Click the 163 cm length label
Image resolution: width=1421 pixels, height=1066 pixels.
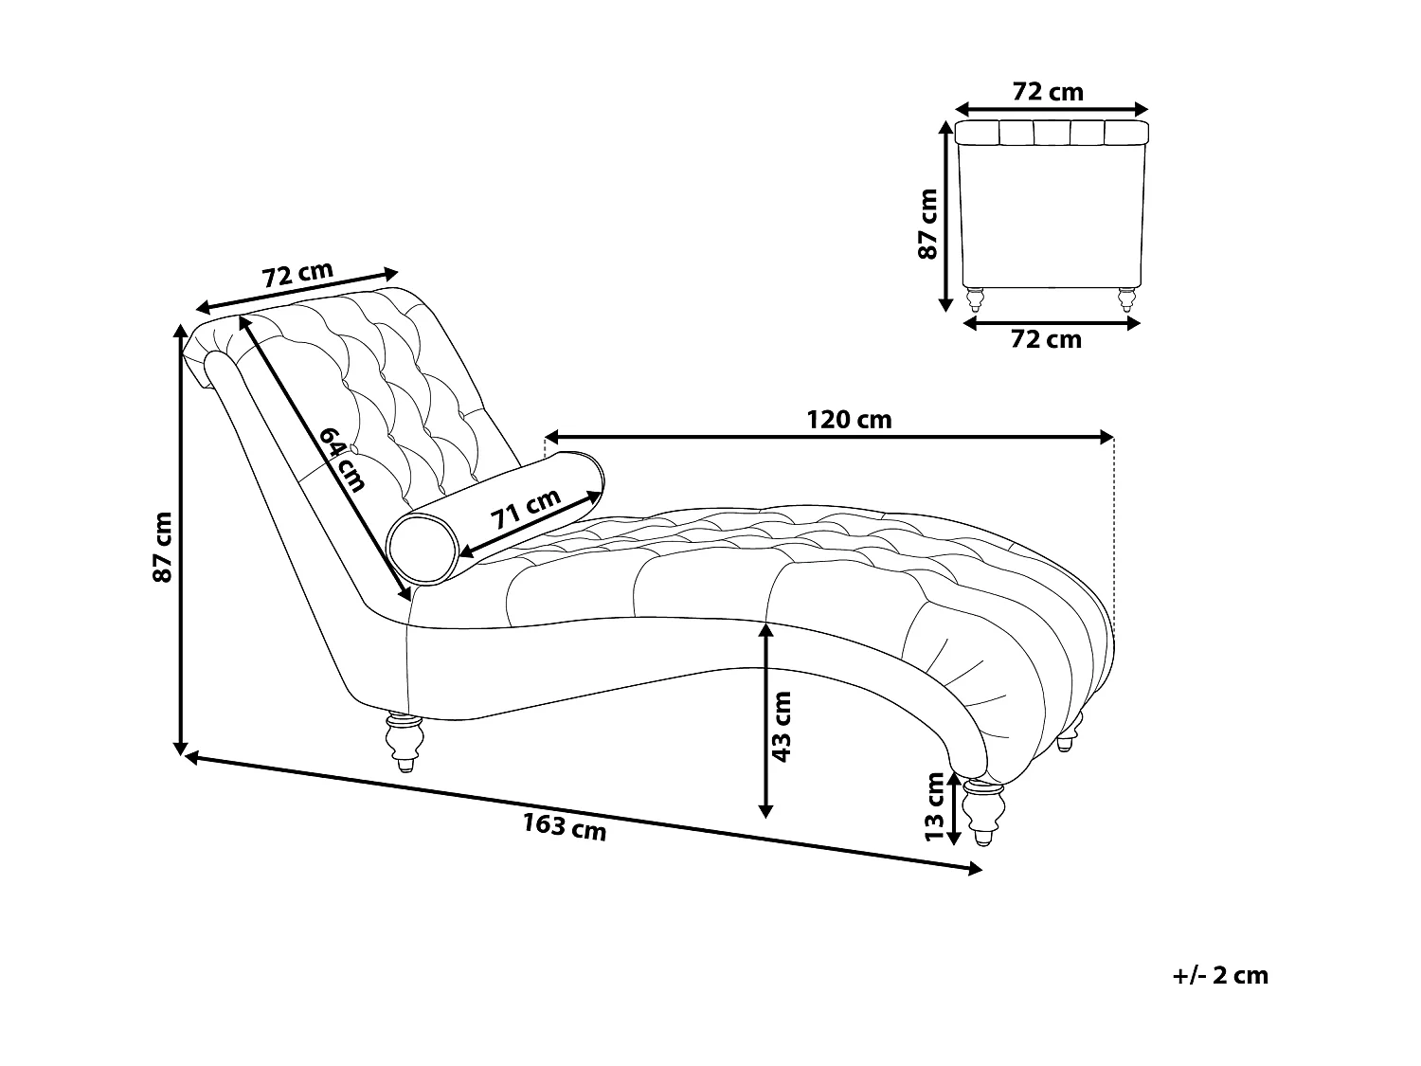pos(565,827)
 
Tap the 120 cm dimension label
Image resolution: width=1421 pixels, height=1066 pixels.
pos(849,419)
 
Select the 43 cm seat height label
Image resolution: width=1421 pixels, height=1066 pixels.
pos(782,726)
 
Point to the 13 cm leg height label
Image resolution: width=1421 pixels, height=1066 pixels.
pos(935,806)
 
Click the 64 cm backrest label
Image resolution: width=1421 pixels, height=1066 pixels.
pos(342,460)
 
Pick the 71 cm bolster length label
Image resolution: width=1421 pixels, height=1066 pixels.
pos(526,513)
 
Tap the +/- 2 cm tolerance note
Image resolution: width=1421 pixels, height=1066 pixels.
pos(1219,975)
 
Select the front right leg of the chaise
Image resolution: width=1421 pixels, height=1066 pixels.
pos(981,811)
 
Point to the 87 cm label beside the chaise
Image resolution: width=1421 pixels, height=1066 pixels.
pos(162,547)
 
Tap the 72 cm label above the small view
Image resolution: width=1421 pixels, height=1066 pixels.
pos(1048,92)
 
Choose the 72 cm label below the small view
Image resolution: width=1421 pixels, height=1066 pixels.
pos(1046,339)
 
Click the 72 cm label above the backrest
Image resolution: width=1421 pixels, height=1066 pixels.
pos(298,274)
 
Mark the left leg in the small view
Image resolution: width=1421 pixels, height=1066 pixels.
pos(974,299)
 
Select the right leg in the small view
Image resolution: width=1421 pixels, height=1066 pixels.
pos(1125,299)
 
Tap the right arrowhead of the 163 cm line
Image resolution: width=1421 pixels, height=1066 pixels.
pos(976,869)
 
